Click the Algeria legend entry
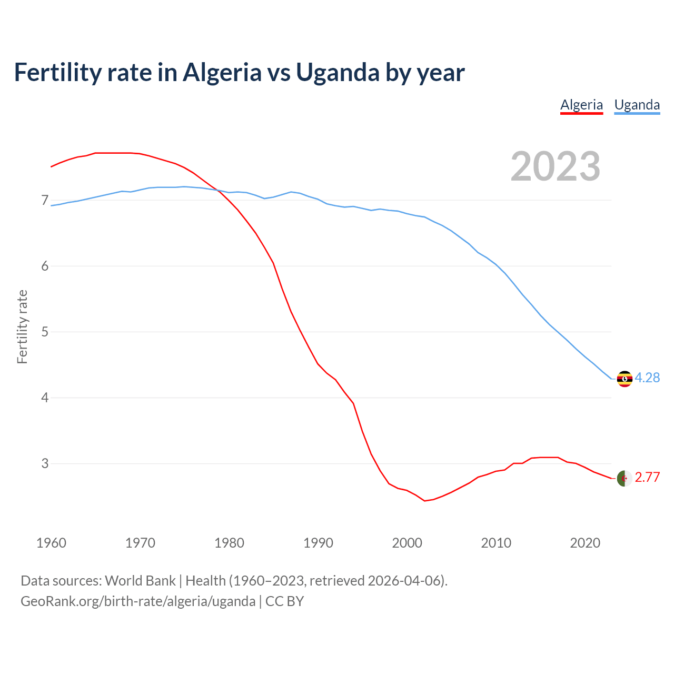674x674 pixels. pos(581,105)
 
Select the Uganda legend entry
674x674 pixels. pos(637,105)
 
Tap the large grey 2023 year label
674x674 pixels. pos(556,166)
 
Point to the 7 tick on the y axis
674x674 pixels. pos(44,200)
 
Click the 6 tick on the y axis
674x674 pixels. pos(44,266)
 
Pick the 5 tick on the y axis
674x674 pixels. pos(44,332)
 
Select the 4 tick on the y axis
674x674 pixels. pos(44,398)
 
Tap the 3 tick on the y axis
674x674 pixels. pos(44,463)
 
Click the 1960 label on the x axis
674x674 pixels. pos(51,543)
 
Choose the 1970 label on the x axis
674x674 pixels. pos(140,543)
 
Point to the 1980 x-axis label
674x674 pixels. pos(229,543)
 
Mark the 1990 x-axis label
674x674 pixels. pos(318,543)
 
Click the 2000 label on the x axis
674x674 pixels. pos(407,543)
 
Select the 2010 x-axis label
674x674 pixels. pos(496,543)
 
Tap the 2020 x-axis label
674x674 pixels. pos(585,543)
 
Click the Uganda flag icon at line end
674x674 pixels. pos(625,379)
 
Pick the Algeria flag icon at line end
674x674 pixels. pos(625,478)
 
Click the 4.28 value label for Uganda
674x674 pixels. pos(647,378)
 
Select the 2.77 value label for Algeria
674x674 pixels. pos(647,477)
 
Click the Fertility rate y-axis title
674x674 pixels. pos(22,326)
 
